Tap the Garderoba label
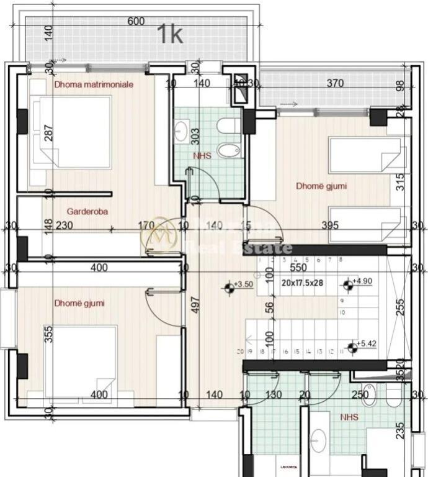(x=87, y=211)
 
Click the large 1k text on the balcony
(x=169, y=34)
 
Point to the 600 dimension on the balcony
(x=136, y=21)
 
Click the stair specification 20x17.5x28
(x=303, y=282)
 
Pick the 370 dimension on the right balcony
(x=335, y=84)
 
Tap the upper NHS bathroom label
(x=202, y=156)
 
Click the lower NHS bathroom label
(x=349, y=417)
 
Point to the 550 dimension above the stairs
(x=298, y=268)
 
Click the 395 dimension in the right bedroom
(x=330, y=225)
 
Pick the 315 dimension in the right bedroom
(x=400, y=181)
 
